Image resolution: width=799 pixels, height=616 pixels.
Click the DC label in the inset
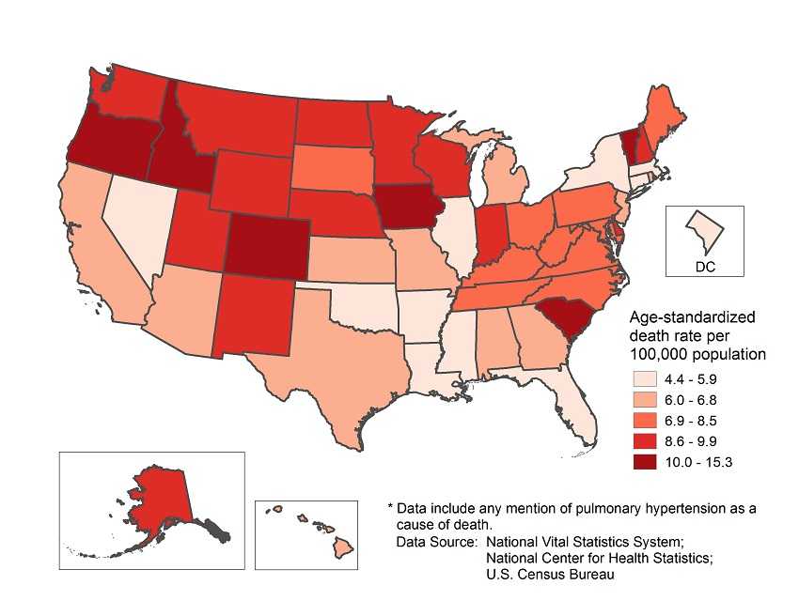[x=705, y=267]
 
